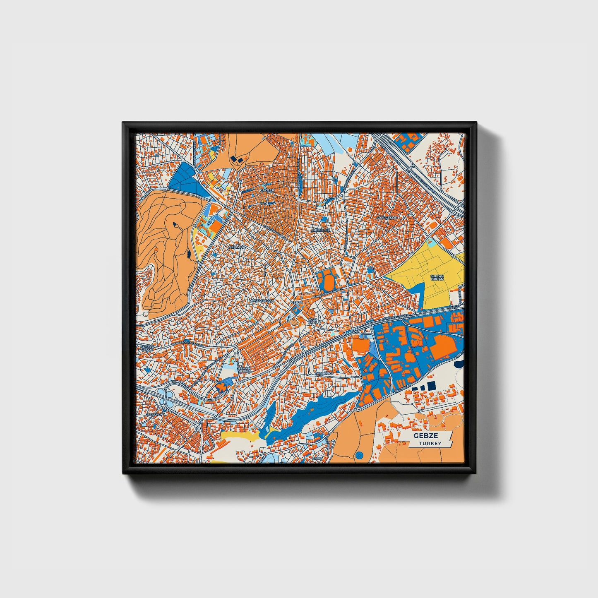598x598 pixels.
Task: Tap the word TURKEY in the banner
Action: coord(430,443)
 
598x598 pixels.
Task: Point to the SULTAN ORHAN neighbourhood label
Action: coord(437,277)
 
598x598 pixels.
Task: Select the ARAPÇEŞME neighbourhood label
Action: coord(387,217)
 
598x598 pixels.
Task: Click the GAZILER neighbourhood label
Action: coord(267,190)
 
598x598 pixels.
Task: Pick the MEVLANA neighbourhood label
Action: coord(237,247)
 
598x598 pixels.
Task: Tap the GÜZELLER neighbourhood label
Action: coord(322,230)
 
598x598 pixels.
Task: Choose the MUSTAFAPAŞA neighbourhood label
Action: coord(262,301)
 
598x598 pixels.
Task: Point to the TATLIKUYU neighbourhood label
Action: coord(324,373)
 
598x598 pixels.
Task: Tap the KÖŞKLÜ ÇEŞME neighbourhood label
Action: coord(147,348)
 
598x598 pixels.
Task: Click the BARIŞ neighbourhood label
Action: coord(317,458)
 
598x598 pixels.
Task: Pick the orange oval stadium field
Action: coord(329,283)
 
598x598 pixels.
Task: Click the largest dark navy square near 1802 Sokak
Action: coord(432,385)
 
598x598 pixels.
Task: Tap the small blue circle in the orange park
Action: coord(359,455)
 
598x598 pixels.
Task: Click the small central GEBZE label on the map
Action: coord(297,303)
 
